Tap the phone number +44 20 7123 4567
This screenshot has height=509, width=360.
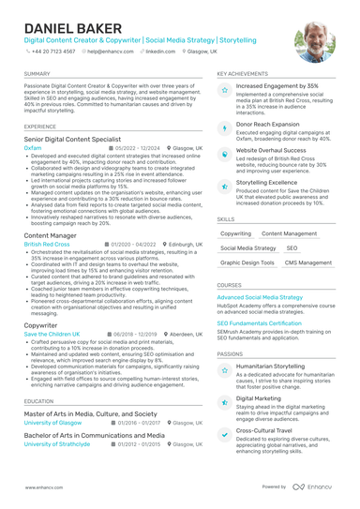54,52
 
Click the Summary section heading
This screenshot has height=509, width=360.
37,72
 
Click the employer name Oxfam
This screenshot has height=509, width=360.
33,148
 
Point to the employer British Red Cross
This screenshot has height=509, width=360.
47,244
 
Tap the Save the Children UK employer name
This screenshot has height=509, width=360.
52,334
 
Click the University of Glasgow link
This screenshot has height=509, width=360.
52,423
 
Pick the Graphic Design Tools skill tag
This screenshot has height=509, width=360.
247,263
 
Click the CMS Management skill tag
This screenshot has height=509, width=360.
307,263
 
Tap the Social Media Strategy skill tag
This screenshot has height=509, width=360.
247,248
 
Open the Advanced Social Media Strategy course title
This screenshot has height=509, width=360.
260,297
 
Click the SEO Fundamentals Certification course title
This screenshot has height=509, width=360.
259,322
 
